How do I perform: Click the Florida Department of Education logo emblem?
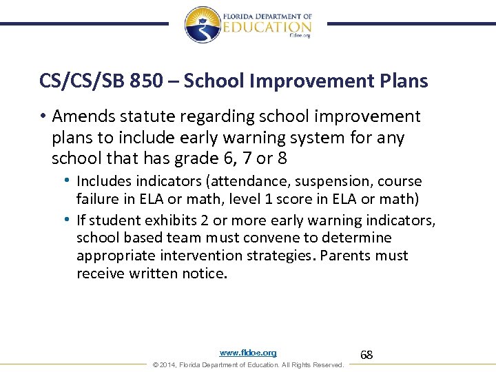click(x=203, y=25)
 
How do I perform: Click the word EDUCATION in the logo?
click(x=267, y=27)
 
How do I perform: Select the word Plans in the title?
click(x=403, y=81)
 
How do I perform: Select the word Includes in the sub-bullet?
click(x=103, y=181)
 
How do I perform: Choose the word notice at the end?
click(x=205, y=273)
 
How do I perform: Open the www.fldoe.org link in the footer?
click(x=248, y=353)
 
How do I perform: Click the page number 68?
click(x=366, y=355)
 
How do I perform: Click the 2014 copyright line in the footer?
click(x=248, y=364)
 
